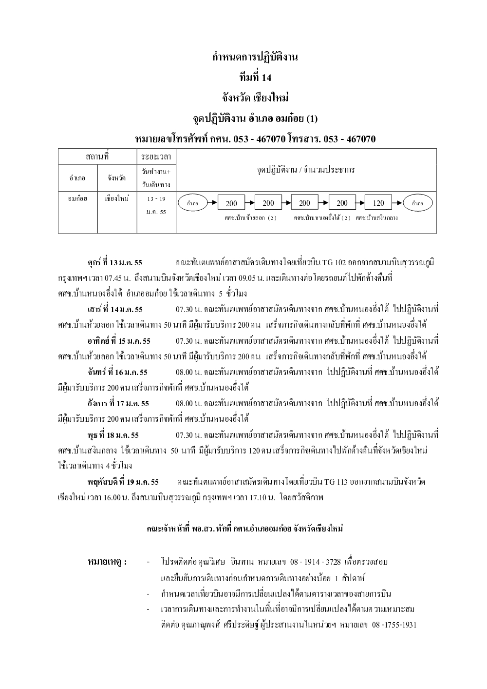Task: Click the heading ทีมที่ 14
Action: click(x=256, y=78)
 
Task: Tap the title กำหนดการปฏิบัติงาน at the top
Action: click(x=256, y=57)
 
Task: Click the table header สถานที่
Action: click(x=97, y=157)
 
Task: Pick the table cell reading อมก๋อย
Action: click(x=77, y=199)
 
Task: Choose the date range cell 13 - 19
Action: click(x=156, y=199)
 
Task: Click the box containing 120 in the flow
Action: click(x=378, y=203)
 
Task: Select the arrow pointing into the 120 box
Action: click(x=361, y=203)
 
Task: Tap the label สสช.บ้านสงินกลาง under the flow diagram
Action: click(x=376, y=218)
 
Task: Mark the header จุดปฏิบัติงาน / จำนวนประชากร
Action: click(x=306, y=170)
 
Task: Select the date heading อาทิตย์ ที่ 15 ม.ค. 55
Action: click(x=119, y=340)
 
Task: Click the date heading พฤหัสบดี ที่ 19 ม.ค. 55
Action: click(x=123, y=482)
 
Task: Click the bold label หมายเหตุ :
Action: click(x=107, y=562)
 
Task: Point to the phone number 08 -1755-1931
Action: click(x=394, y=625)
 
